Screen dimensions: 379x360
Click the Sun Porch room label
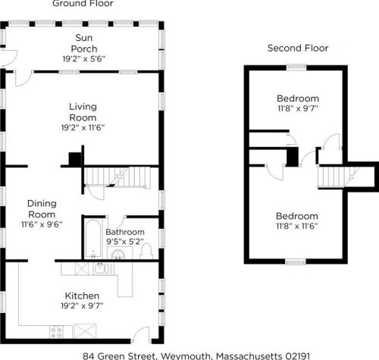click(84, 43)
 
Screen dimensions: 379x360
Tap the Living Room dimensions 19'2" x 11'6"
click(83, 127)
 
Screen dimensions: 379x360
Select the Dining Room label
click(42, 209)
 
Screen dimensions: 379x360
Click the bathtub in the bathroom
click(93, 239)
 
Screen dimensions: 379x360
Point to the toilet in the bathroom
click(146, 251)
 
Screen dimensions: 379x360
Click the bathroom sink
click(118, 254)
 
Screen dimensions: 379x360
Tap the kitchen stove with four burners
click(57, 332)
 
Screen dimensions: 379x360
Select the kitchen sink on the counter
click(102, 268)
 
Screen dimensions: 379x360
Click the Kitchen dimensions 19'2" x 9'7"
click(82, 305)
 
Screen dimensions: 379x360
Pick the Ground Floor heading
click(83, 4)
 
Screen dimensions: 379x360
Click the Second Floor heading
click(298, 48)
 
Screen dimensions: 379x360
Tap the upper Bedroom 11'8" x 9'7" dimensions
click(298, 108)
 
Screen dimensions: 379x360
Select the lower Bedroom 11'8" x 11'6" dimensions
click(297, 226)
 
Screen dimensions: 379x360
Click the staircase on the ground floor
click(117, 177)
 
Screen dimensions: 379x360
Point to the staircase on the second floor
click(339, 177)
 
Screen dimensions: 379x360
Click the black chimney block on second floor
click(293, 157)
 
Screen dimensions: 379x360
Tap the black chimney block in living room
click(75, 159)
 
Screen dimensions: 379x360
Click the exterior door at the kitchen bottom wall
click(142, 335)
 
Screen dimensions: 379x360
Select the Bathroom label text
click(125, 232)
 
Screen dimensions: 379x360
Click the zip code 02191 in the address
click(297, 356)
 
